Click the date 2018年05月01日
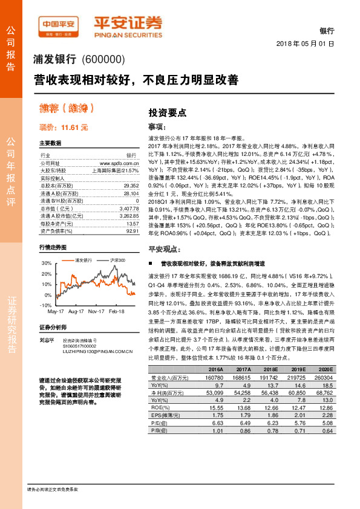pyautogui.click(x=305, y=44)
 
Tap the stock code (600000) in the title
pyautogui.click(x=102, y=59)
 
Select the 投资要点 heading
pyautogui.click(x=168, y=112)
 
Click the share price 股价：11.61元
pyautogui.click(x=63, y=128)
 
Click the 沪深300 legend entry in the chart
pyautogui.click(x=118, y=260)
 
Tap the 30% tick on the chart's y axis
pyautogui.click(x=47, y=264)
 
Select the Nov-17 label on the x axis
pyautogui.click(x=96, y=311)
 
